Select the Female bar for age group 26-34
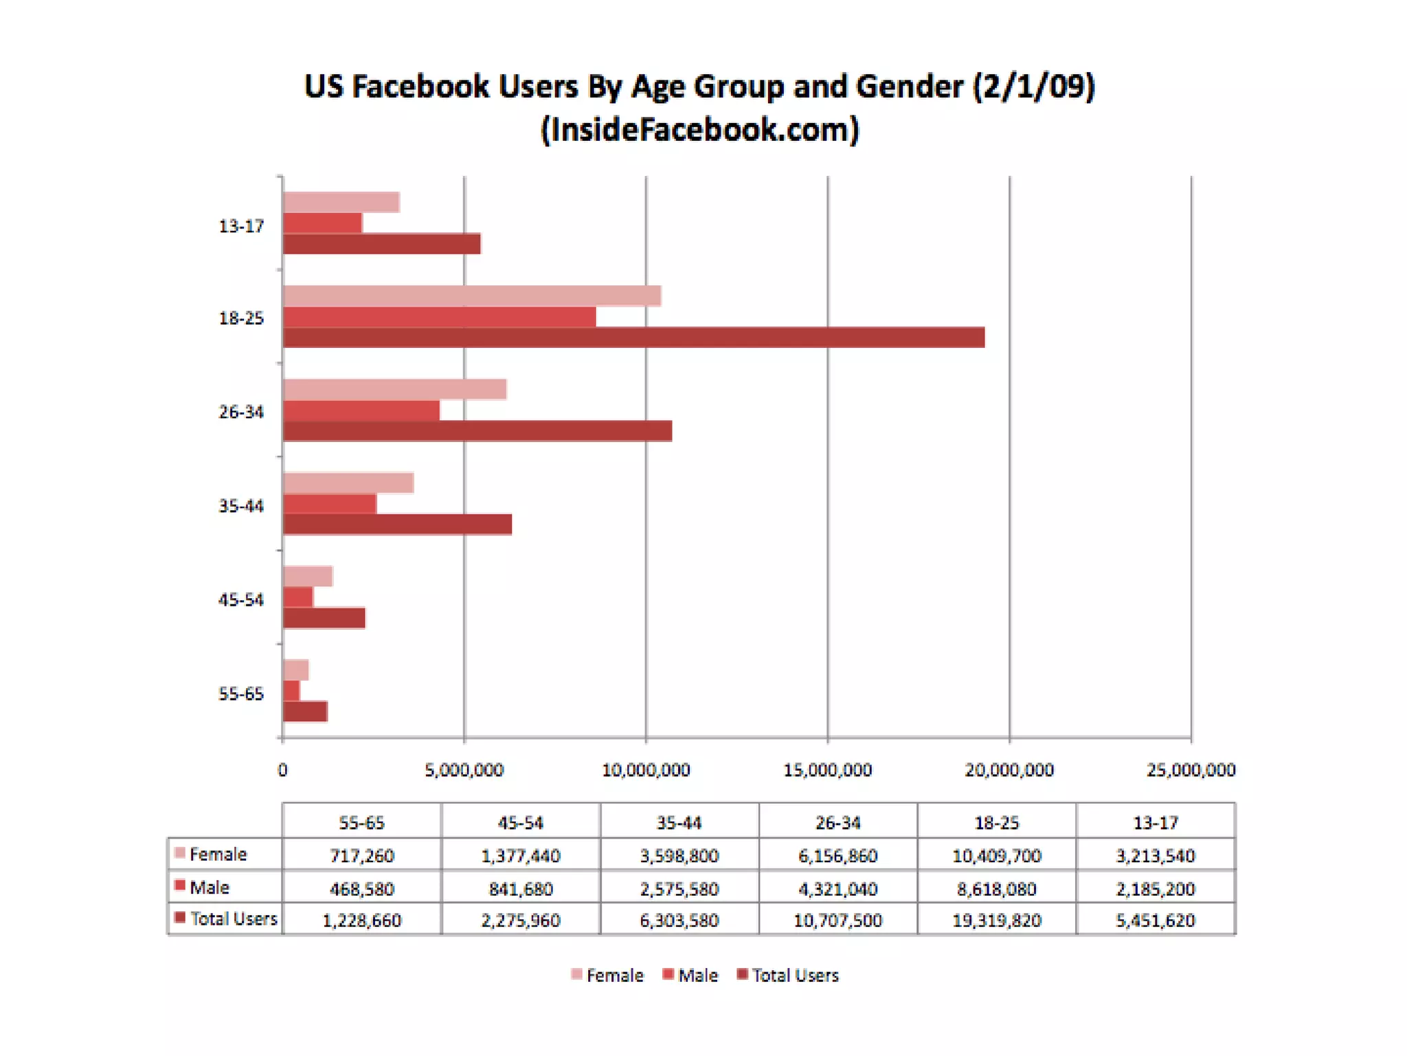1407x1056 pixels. click(394, 390)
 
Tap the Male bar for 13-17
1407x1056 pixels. click(322, 223)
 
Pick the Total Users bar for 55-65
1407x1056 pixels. click(305, 712)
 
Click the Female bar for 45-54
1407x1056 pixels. click(308, 576)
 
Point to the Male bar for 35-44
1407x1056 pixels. click(330, 504)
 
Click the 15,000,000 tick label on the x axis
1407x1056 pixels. click(827, 770)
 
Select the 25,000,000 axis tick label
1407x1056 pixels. click(1191, 770)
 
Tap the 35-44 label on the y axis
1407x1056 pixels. click(241, 506)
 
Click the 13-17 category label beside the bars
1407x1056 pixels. click(241, 226)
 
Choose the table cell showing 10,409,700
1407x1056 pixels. click(996, 856)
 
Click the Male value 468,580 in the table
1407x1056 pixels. click(362, 889)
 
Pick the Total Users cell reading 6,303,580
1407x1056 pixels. click(679, 921)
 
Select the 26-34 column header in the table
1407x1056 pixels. click(837, 822)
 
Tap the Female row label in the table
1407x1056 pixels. click(218, 855)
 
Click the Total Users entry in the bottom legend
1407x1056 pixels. click(795, 976)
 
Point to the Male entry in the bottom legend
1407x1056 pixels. click(697, 976)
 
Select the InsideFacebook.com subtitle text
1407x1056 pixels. click(699, 130)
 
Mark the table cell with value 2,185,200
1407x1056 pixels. click(1156, 889)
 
